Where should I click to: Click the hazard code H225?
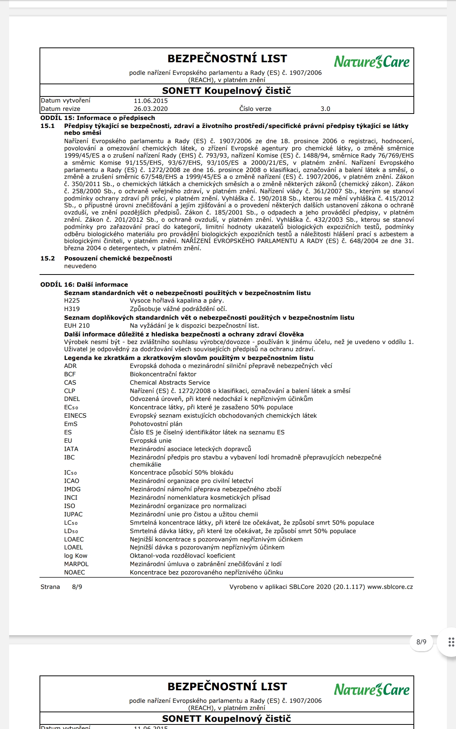[72, 301]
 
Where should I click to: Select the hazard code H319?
[72, 309]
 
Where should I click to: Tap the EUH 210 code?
[77, 326]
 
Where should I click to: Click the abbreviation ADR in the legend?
[70, 366]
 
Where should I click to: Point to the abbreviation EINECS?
[75, 416]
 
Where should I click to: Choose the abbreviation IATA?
[71, 449]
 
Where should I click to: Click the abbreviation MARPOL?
[76, 564]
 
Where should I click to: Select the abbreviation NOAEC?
[74, 573]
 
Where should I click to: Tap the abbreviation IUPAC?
[73, 514]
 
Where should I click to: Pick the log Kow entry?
[76, 556]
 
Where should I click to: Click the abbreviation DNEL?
[72, 399]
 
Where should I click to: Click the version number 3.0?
[325, 109]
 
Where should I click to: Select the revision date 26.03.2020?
[150, 109]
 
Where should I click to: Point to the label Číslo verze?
[255, 109]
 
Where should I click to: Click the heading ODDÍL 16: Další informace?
[84, 285]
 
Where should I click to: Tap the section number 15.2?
[47, 259]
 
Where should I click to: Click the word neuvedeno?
[80, 266]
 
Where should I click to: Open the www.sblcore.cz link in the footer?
[390, 587]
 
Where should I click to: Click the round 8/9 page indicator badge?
[421, 642]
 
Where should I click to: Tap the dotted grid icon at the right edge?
[451, 642]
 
